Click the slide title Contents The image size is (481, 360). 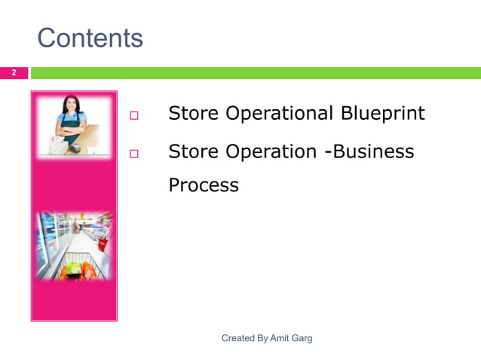pyautogui.click(x=90, y=38)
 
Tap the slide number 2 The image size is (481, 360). pyautogui.click(x=13, y=73)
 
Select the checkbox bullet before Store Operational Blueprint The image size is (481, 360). pyautogui.click(x=135, y=116)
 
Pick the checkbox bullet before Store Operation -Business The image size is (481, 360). pyautogui.click(x=135, y=154)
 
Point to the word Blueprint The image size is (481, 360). pyautogui.click(x=382, y=114)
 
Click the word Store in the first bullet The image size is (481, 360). pyautogui.click(x=194, y=114)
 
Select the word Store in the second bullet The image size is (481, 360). pyautogui.click(x=194, y=151)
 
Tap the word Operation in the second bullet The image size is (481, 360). pyautogui.click(x=272, y=151)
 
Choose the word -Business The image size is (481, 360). pyautogui.click(x=369, y=151)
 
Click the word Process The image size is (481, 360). pyautogui.click(x=203, y=185)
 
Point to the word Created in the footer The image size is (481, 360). pyautogui.click(x=239, y=339)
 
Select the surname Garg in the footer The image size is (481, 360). pyautogui.click(x=304, y=339)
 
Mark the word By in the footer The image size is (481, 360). pyautogui.click(x=264, y=339)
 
